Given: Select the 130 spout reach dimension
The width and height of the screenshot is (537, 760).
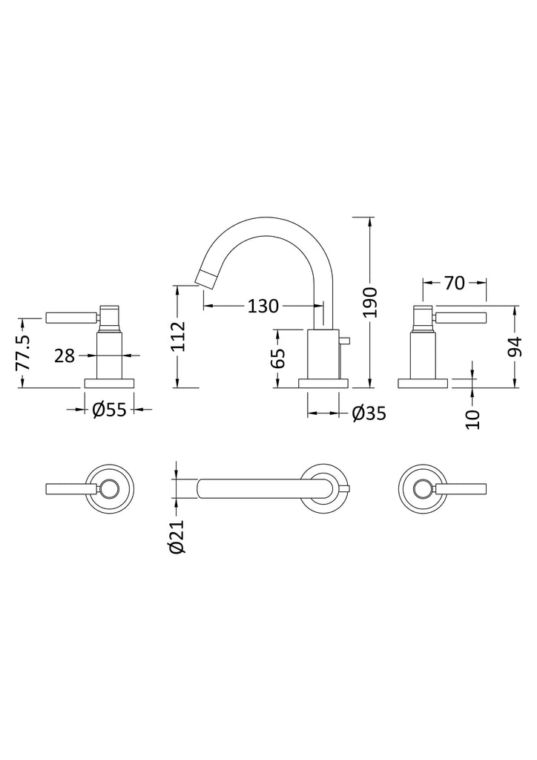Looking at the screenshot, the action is [263, 306].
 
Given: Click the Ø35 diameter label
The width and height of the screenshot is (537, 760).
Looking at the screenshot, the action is [369, 413].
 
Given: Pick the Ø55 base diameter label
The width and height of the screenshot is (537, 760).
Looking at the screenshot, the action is [109, 410].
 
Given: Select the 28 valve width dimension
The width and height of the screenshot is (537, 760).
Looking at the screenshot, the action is [65, 356].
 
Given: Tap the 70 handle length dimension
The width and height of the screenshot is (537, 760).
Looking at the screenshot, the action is [454, 283].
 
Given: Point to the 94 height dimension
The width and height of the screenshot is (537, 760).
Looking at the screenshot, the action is [516, 346].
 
